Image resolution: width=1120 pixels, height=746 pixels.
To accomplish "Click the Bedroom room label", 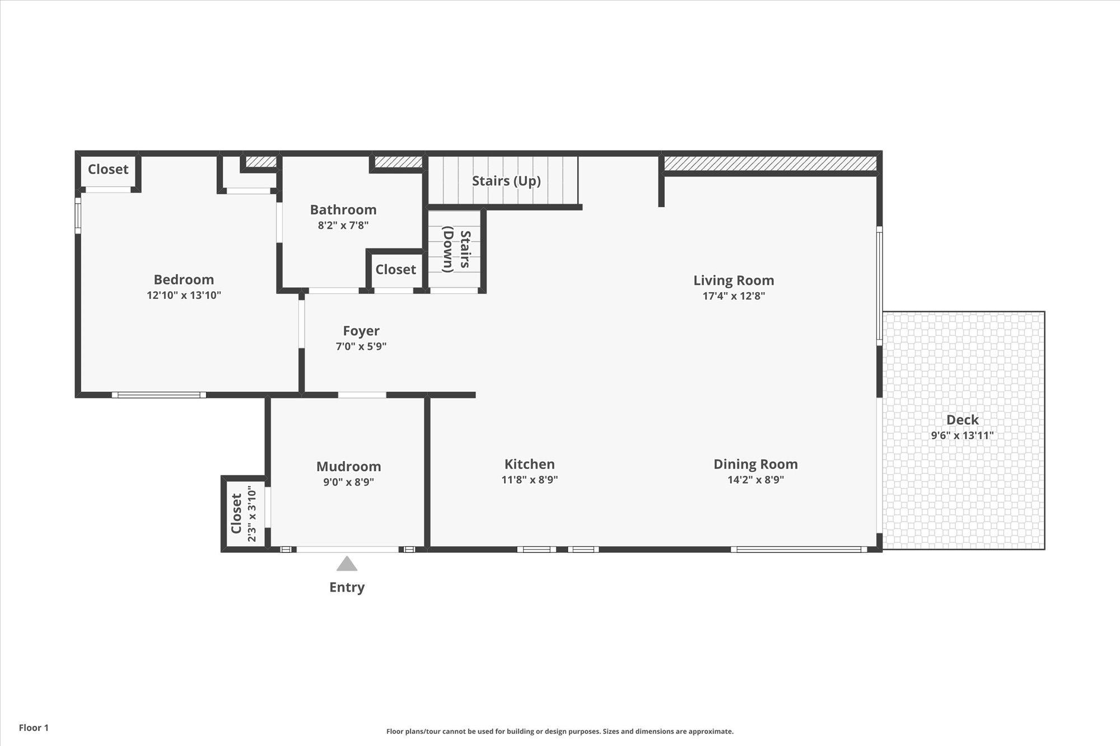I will click(x=184, y=279).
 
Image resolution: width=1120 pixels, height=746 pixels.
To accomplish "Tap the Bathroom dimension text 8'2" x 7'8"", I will click(x=343, y=226).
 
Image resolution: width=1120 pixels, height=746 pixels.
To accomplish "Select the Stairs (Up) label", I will click(x=506, y=181).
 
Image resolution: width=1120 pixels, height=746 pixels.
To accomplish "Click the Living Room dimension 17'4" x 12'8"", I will click(x=734, y=296).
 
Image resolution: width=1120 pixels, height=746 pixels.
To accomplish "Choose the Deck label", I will click(x=962, y=420).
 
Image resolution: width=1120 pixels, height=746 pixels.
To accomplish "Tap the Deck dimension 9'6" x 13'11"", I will click(x=962, y=435).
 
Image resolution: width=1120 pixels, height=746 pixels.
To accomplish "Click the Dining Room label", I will click(x=755, y=464).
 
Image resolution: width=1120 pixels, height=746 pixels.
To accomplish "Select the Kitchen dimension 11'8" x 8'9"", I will click(x=529, y=480).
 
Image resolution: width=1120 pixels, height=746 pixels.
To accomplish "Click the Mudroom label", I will click(x=348, y=466).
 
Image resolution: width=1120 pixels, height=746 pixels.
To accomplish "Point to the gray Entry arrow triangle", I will click(x=347, y=564).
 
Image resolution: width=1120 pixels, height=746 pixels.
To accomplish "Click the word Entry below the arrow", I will click(x=347, y=587).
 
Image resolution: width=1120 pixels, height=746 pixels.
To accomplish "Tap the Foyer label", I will click(x=361, y=331).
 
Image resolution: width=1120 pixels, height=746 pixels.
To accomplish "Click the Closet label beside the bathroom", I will click(x=395, y=269).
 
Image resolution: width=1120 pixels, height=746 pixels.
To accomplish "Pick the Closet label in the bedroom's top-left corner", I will click(x=108, y=169).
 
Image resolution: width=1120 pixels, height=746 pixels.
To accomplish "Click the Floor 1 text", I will click(x=34, y=728).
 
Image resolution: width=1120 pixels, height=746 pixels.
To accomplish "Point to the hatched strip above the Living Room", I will click(x=770, y=163).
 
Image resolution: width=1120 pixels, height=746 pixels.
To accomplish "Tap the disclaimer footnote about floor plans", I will click(x=559, y=731).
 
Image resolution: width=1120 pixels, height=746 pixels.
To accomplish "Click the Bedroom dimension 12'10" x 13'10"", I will click(x=184, y=295).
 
